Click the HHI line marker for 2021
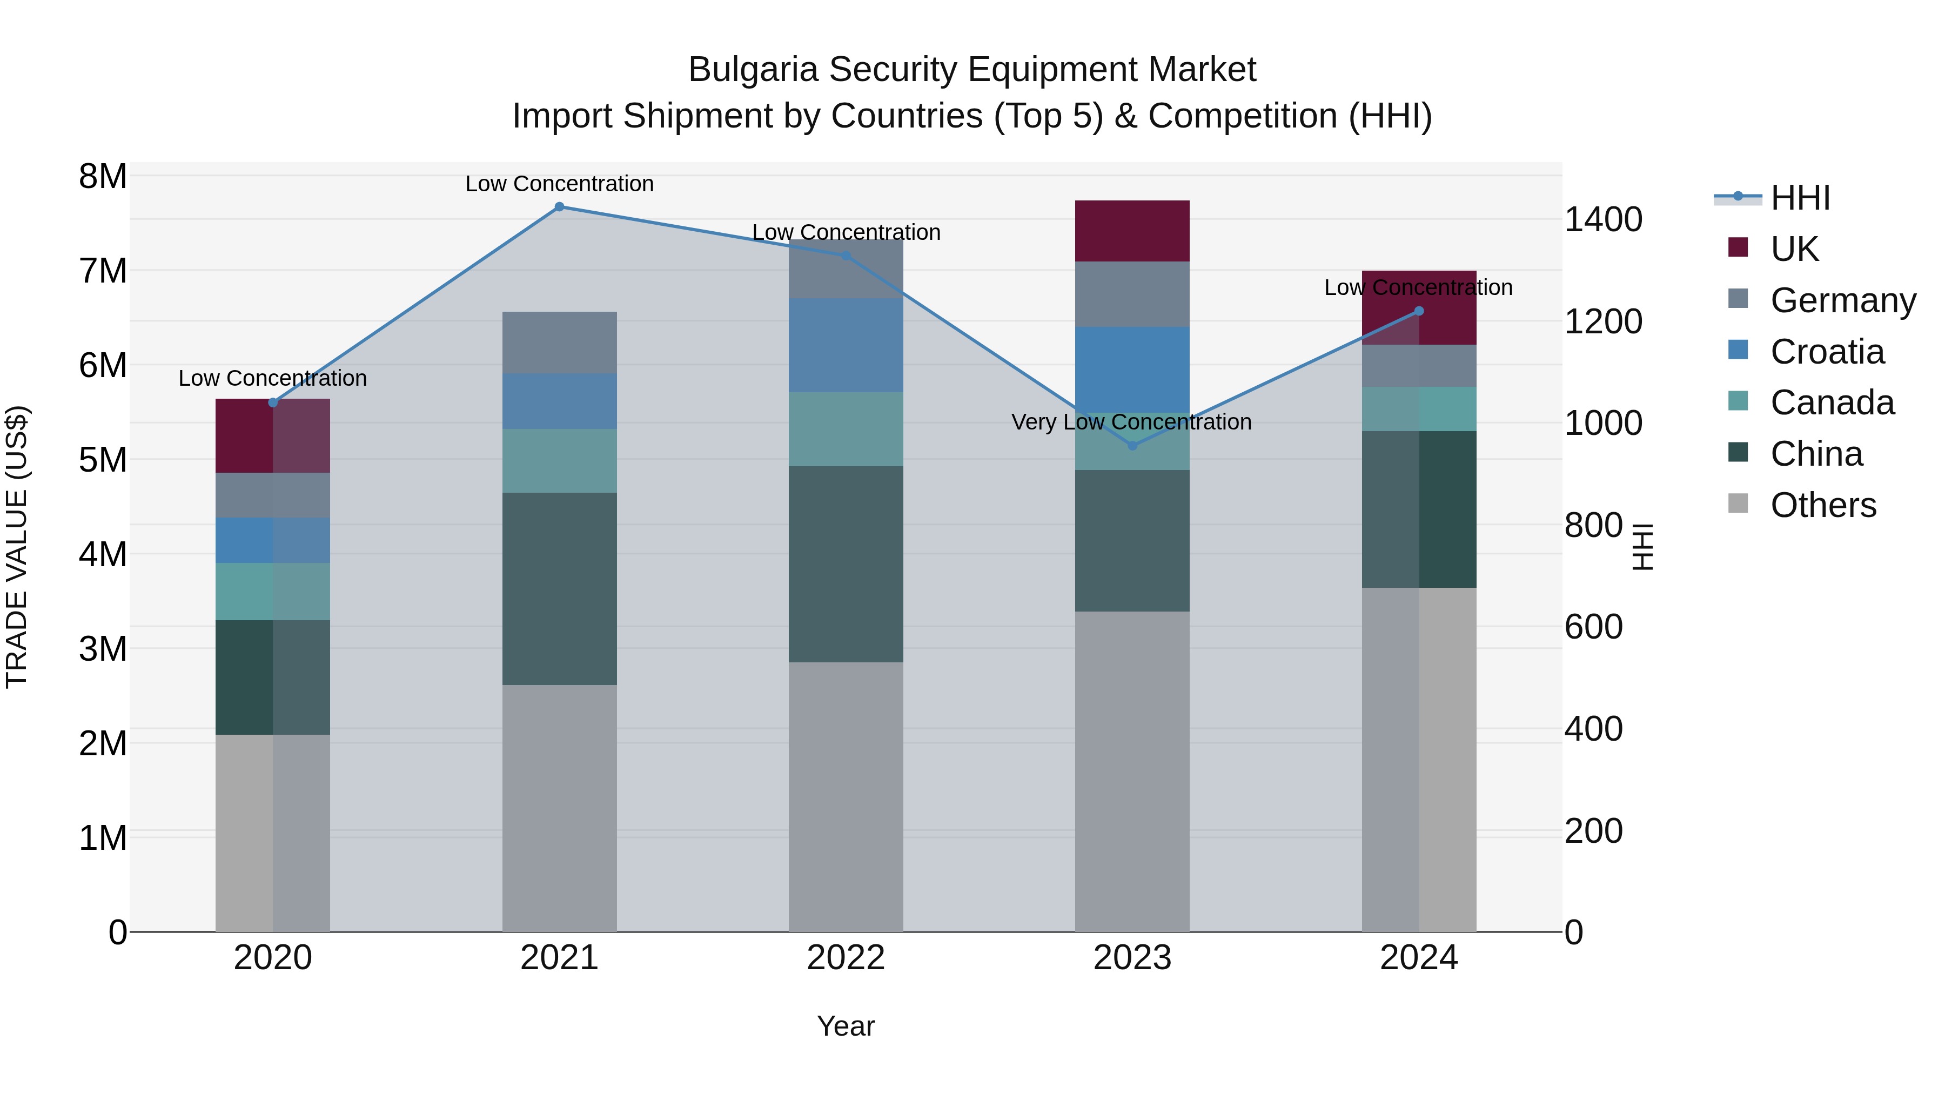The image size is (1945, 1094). coord(560,207)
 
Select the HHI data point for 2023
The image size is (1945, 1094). coord(1132,446)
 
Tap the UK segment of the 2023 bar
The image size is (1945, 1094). coord(1132,231)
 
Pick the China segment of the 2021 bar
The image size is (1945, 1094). coord(560,589)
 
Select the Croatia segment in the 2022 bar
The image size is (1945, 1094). coord(846,345)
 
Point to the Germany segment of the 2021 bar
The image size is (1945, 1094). coord(560,343)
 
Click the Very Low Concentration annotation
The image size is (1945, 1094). coord(1131,422)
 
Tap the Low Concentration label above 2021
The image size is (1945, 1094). coord(560,184)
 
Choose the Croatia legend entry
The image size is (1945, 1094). coord(1827,352)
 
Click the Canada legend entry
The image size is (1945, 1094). coord(1832,403)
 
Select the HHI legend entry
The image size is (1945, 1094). coord(1800,198)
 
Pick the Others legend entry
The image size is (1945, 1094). coord(1823,505)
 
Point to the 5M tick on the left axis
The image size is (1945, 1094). coord(103,460)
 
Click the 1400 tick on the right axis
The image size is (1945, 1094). coord(1602,220)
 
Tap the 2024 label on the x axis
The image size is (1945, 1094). coord(1418,958)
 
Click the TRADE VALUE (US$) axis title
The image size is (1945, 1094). coord(17,547)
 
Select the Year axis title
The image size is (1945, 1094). coord(846,1026)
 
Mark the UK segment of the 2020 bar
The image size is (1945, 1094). coord(273,435)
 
